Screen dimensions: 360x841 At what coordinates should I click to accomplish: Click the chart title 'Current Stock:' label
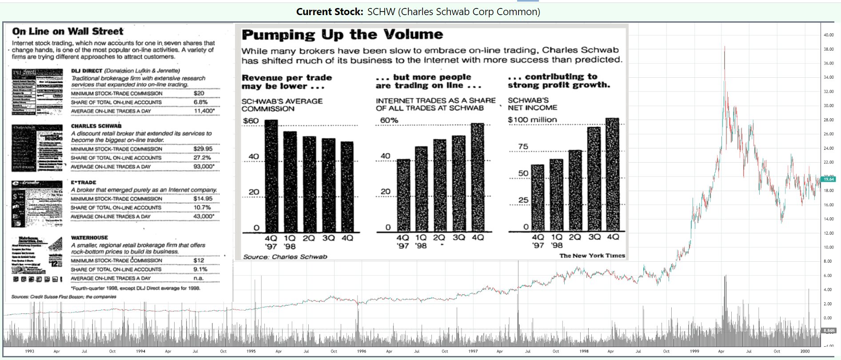coord(330,12)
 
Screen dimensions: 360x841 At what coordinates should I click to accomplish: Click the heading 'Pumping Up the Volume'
coord(342,35)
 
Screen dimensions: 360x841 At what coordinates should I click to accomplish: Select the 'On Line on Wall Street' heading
coord(68,32)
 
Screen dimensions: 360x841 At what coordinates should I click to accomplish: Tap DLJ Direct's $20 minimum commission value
coord(199,93)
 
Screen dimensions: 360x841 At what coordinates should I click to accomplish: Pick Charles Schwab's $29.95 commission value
coord(203,149)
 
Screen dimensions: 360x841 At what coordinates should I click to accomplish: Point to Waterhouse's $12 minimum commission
coord(199,261)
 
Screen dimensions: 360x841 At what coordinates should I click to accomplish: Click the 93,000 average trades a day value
coord(203,167)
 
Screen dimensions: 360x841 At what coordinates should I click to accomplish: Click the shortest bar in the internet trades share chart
coord(403,195)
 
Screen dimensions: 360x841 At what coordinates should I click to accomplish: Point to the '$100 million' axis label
coord(532,120)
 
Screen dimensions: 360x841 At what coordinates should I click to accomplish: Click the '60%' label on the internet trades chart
coord(389,120)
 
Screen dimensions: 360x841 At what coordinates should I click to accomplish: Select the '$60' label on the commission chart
coord(251,121)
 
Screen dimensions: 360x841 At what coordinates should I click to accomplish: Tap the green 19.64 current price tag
coord(829,179)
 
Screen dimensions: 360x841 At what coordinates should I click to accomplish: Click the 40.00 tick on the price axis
coord(828,35)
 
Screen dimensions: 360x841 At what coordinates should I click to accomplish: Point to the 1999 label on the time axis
coord(694,351)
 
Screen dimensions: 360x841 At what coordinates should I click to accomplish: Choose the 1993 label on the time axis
coord(29,351)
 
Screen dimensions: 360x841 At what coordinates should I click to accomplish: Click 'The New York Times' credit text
coord(592,256)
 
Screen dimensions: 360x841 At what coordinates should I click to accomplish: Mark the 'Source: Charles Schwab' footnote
coord(285,256)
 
